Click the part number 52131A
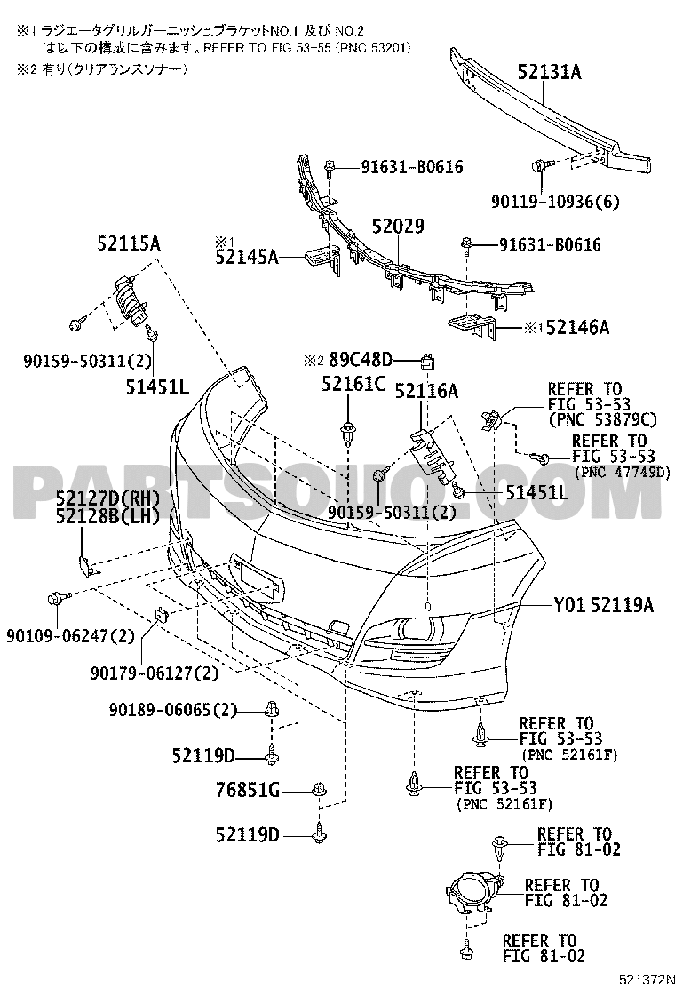pyautogui.click(x=549, y=73)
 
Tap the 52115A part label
pyautogui.click(x=129, y=243)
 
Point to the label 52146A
pyautogui.click(x=577, y=328)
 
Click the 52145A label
pyautogui.click(x=247, y=257)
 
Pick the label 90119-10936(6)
pyautogui.click(x=555, y=202)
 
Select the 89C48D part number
pyautogui.click(x=361, y=360)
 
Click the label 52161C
pyautogui.click(x=353, y=383)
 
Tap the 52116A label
pyautogui.click(x=426, y=391)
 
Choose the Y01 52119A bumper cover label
pyautogui.click(x=604, y=606)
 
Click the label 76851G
pyautogui.click(x=247, y=789)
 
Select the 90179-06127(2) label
pyautogui.click(x=155, y=673)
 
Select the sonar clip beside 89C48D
pyautogui.click(x=429, y=361)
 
